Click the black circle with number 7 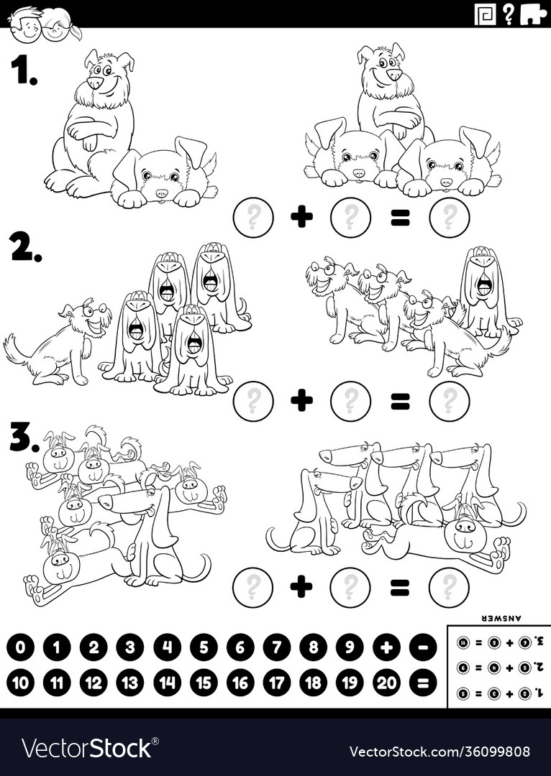click(277, 647)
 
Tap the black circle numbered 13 click(129, 683)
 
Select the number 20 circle click(386, 683)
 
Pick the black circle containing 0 click(20, 647)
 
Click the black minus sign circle click(423, 647)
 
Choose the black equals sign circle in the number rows click(423, 683)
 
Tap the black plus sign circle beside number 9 click(386, 647)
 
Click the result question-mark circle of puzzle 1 click(449, 218)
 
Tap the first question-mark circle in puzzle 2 click(253, 401)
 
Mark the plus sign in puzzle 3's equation click(301, 587)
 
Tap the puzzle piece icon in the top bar click(532, 13)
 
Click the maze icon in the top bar click(485, 13)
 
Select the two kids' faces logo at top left click(45, 23)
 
